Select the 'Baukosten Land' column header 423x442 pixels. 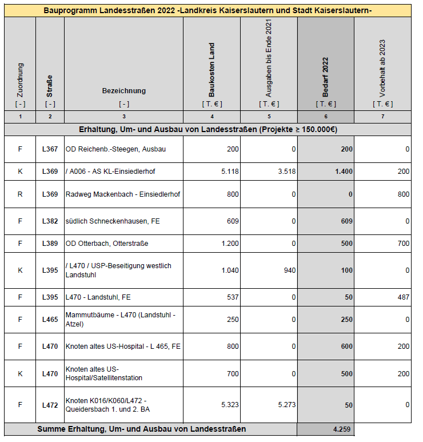tap(212, 70)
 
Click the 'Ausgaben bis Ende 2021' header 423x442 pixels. tap(269, 57)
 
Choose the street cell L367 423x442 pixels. tap(50, 149)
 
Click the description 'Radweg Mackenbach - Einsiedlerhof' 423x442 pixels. tap(123, 194)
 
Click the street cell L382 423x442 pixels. tap(50, 221)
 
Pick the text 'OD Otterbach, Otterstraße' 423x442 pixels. tap(107, 244)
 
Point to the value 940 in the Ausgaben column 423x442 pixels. tap(289, 270)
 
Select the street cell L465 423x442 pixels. tap(50, 320)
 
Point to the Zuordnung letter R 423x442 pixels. tap(20, 194)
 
